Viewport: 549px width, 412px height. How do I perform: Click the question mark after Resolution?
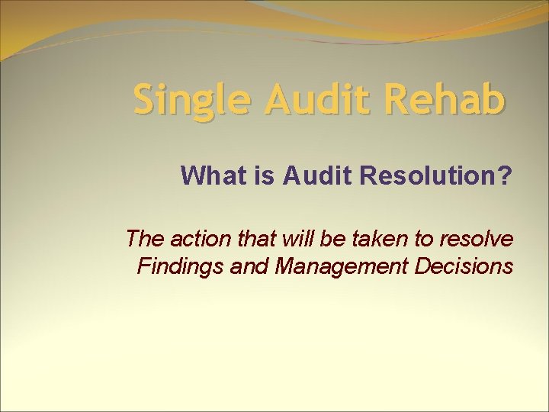tap(505, 176)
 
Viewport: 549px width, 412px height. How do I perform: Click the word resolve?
tap(477, 239)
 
